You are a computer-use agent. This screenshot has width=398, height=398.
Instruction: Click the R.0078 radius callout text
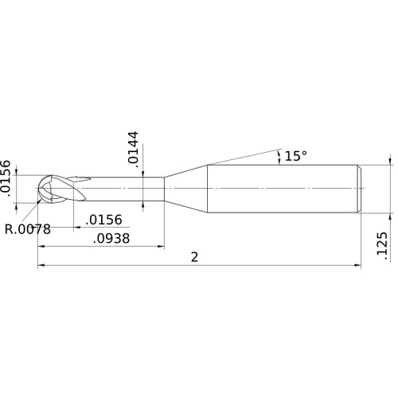(x=28, y=230)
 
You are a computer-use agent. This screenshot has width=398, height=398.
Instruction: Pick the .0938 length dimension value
(x=112, y=238)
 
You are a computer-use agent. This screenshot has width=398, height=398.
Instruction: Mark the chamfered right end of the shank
(x=360, y=188)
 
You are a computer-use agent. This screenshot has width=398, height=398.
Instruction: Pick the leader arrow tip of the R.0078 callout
(x=40, y=200)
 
